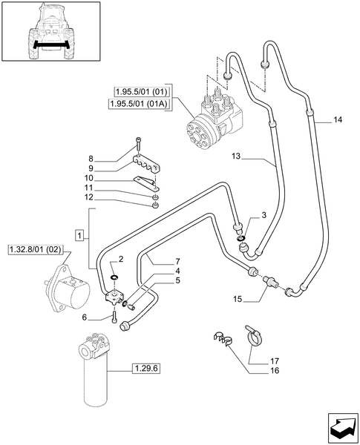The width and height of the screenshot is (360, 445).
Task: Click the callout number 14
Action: click(338, 119)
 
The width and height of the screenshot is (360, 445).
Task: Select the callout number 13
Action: click(237, 157)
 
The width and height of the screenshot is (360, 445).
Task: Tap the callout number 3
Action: click(263, 215)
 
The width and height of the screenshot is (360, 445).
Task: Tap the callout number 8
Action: click(112, 158)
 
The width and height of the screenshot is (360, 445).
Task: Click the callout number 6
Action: click(105, 317)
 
